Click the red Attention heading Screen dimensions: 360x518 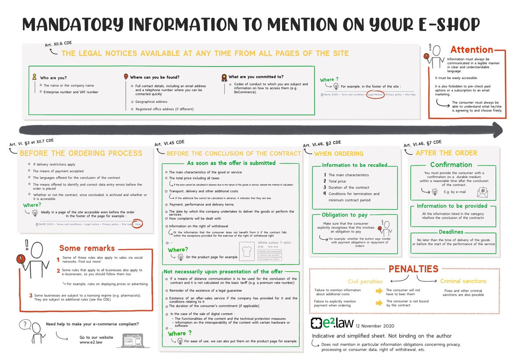[x=471, y=50]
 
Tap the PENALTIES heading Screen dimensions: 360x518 [x=413, y=269]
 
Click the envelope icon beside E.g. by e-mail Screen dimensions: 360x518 [x=482, y=191]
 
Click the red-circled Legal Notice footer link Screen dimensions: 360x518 [x=375, y=94]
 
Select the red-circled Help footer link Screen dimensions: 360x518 [x=138, y=224]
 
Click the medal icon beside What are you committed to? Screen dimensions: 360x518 [x=224, y=78]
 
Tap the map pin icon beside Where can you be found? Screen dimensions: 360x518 [x=126, y=77]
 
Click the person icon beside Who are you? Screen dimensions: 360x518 [x=34, y=77]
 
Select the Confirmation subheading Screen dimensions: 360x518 [x=451, y=165]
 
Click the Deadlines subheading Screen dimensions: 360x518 [x=451, y=232]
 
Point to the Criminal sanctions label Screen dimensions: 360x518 [x=463, y=281]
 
